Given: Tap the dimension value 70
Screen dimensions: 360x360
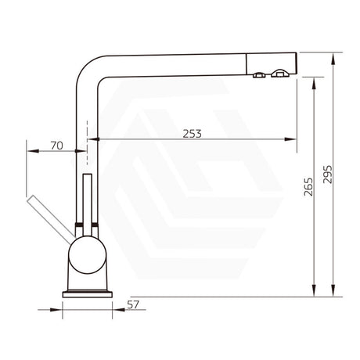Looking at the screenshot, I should [56, 145].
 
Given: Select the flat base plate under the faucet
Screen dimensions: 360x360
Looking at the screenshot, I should [87, 290].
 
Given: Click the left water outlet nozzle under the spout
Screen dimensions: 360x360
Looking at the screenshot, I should [259, 76].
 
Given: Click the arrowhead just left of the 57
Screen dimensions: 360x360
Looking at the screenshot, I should [117, 310].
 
